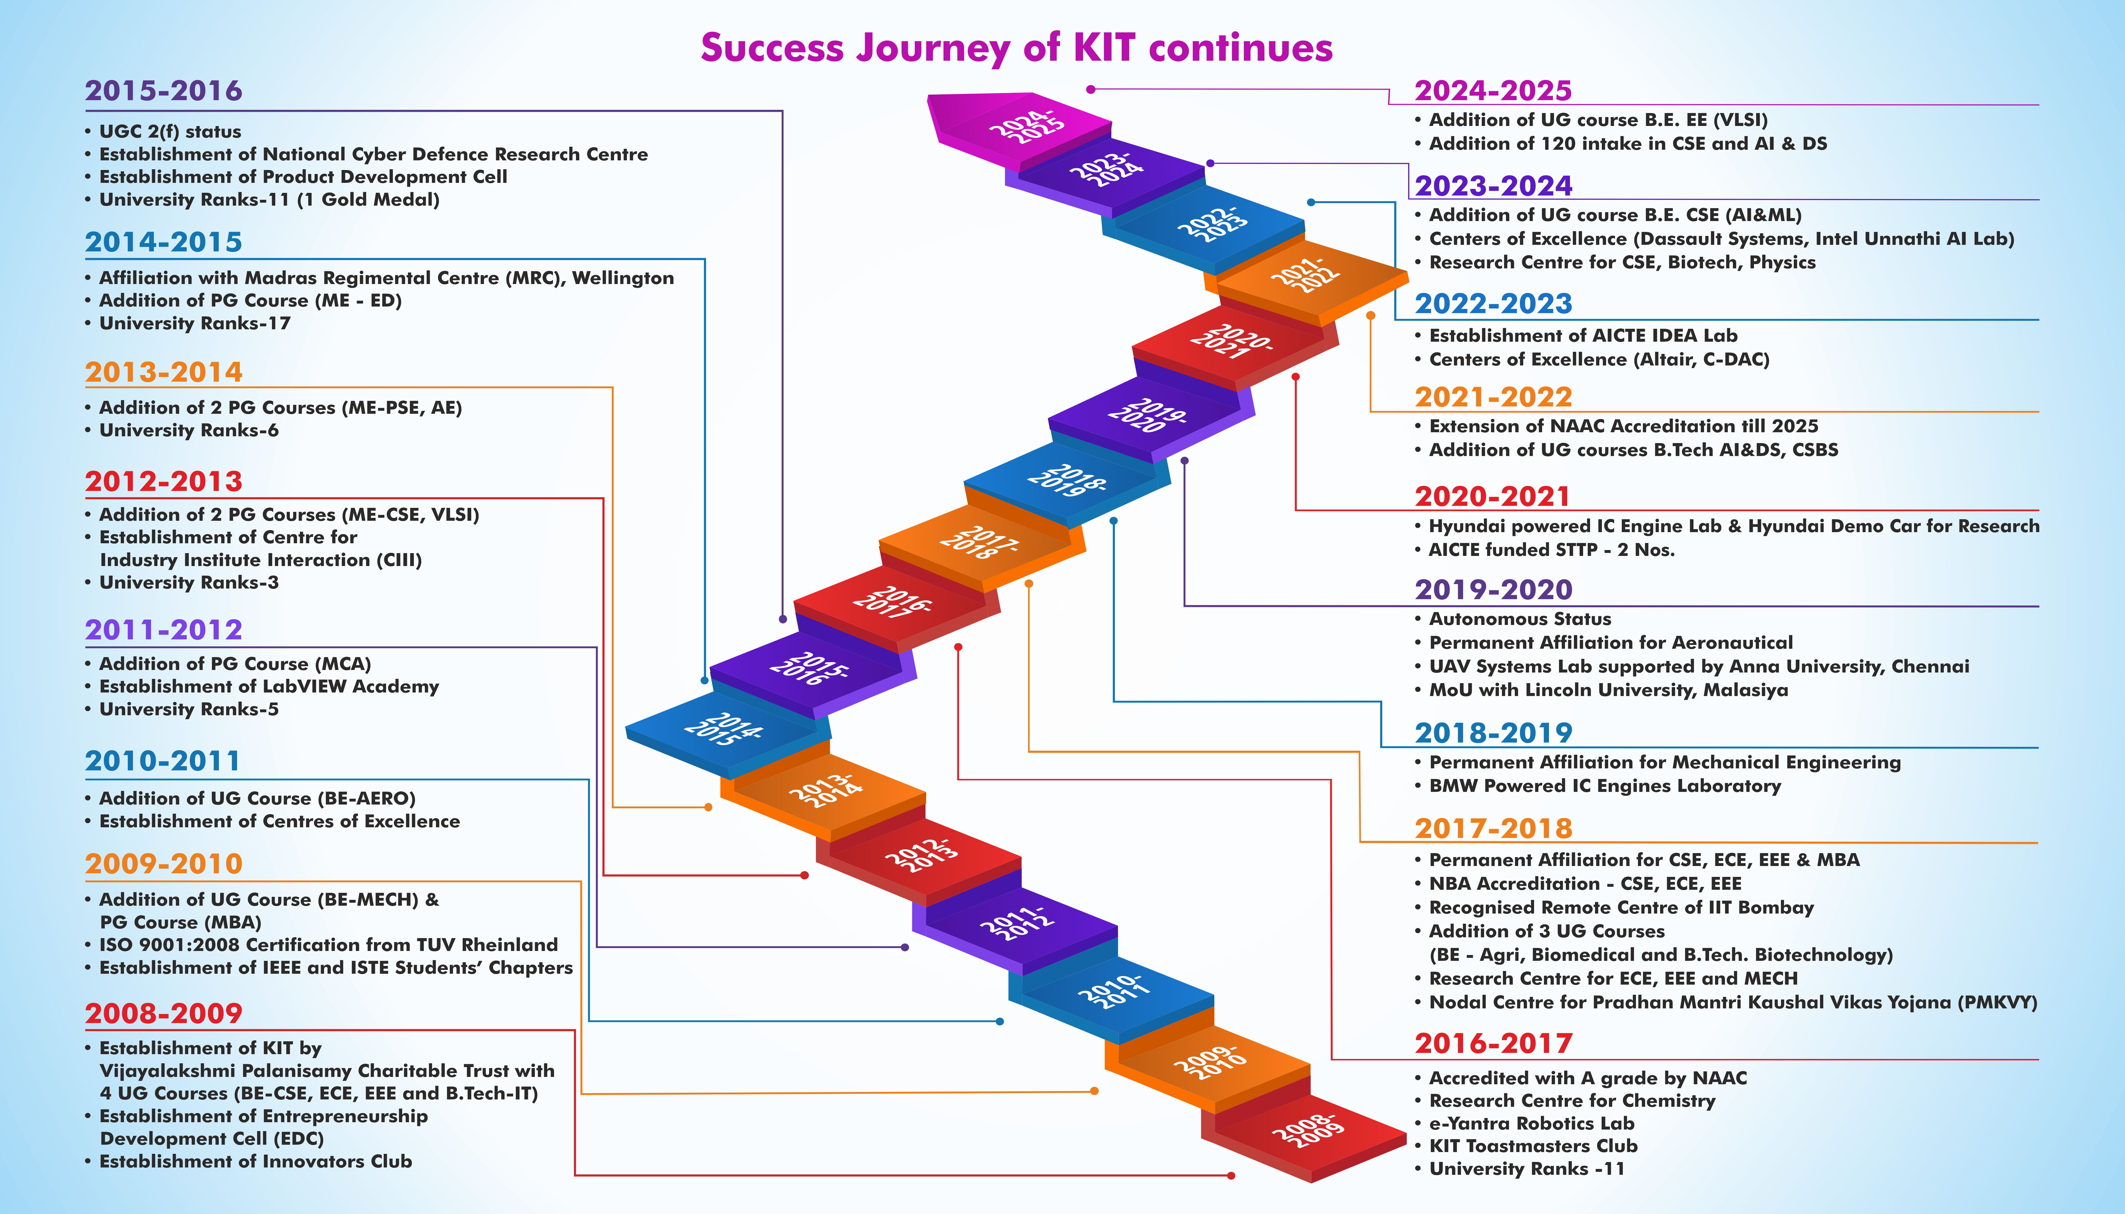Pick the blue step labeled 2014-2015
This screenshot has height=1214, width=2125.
pyautogui.click(x=722, y=729)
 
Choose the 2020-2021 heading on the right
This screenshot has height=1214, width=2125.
pyautogui.click(x=1492, y=497)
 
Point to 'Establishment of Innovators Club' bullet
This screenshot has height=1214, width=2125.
pyautogui.click(x=255, y=1161)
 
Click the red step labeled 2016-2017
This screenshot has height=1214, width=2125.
pyautogui.click(x=891, y=602)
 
